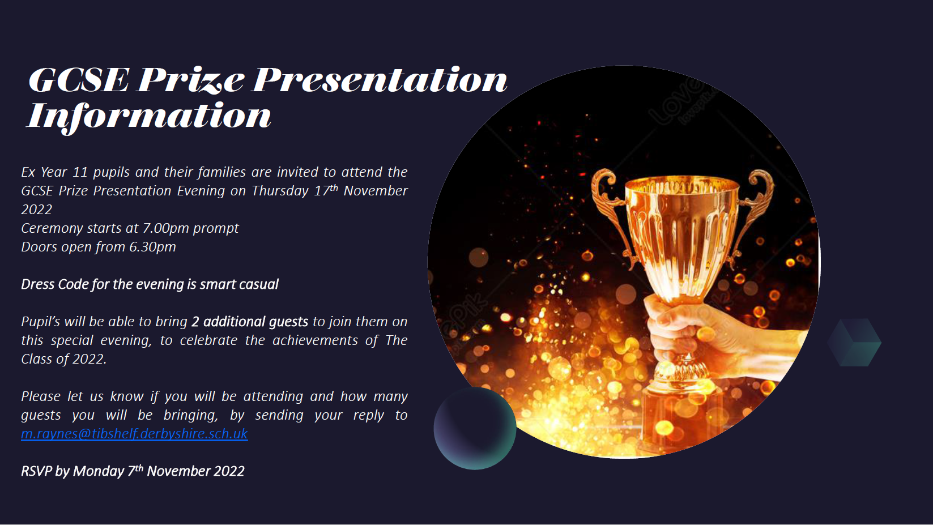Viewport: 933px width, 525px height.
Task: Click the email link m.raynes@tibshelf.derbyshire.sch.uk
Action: [134, 434]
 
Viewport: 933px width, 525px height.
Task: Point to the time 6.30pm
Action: [152, 247]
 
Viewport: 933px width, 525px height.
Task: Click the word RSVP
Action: [36, 471]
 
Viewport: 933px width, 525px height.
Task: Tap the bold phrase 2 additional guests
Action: [249, 322]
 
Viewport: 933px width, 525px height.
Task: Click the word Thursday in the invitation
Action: [280, 191]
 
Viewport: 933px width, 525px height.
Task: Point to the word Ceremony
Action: [49, 229]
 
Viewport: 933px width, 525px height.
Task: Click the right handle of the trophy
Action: [752, 208]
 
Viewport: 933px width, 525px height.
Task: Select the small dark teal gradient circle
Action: [475, 428]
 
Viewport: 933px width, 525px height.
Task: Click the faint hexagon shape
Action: [854, 342]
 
